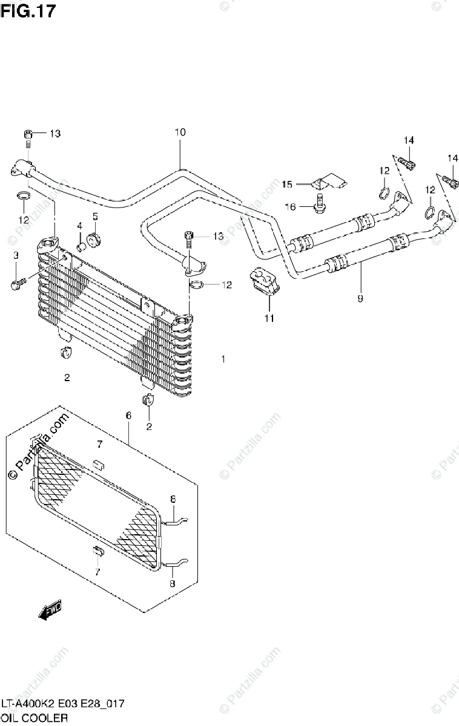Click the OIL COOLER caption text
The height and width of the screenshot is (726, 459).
(34, 718)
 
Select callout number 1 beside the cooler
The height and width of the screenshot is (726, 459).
(223, 359)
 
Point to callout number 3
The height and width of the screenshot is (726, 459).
(16, 255)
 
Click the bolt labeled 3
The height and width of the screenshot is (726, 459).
(18, 282)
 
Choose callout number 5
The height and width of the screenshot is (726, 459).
(95, 216)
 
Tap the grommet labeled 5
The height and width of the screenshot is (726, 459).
(93, 238)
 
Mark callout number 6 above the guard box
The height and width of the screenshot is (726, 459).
(128, 415)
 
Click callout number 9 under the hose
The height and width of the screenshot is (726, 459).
(360, 298)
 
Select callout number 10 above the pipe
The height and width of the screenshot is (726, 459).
(179, 132)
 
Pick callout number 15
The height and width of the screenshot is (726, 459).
(286, 183)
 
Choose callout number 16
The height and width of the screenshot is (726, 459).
(290, 207)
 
